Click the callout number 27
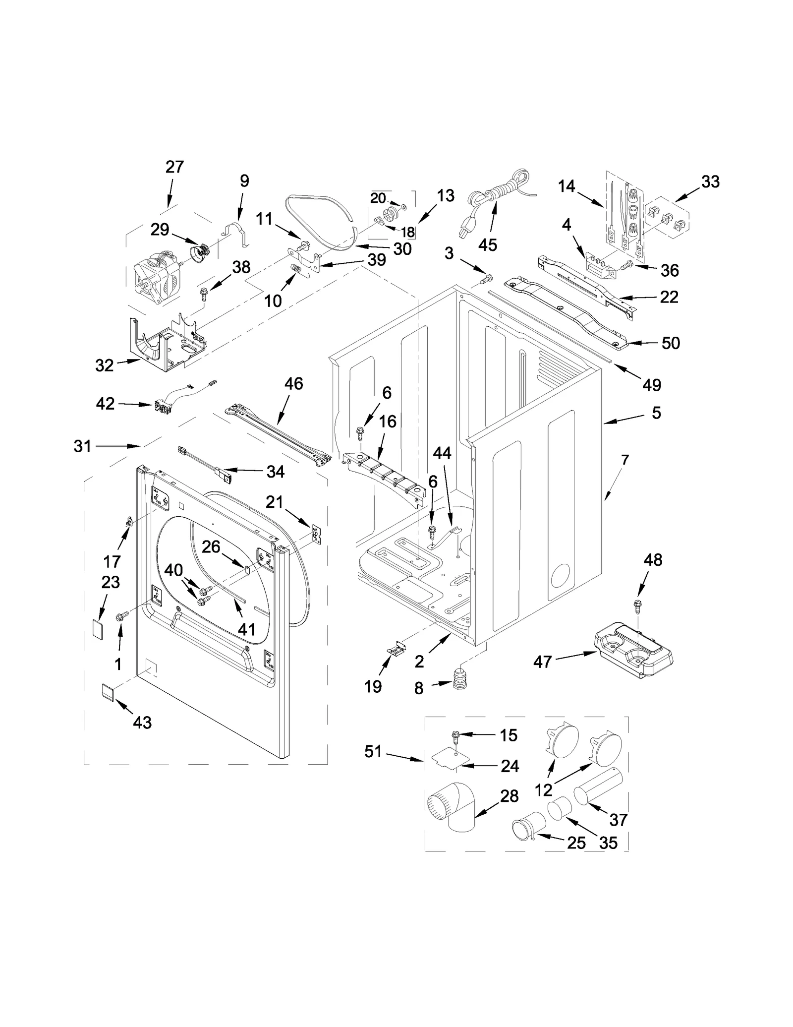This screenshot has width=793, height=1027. coord(174,167)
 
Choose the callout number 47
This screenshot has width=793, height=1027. coord(542,662)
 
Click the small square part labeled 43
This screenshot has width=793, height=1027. coord(108,691)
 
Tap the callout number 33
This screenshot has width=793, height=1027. coord(710,182)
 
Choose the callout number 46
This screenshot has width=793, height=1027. coord(293,383)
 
